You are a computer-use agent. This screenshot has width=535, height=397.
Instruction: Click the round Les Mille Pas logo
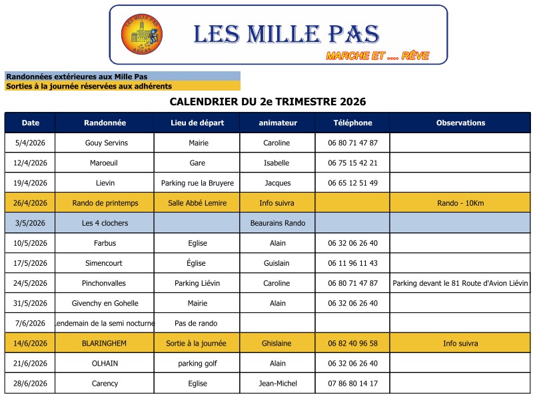[x=141, y=35]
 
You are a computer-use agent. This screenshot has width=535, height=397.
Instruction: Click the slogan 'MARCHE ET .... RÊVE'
[x=377, y=56]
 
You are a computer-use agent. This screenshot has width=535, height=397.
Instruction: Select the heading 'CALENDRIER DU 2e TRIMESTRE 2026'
[x=268, y=102]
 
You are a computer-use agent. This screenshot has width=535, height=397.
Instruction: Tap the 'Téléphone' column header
[x=352, y=123]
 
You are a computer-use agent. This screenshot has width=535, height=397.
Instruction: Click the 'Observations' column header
[x=460, y=123]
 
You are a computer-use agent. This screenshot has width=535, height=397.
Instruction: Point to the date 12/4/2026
[x=30, y=163]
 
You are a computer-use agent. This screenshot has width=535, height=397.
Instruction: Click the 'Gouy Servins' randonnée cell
[x=106, y=143]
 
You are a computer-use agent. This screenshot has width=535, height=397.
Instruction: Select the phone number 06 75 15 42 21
[x=352, y=163]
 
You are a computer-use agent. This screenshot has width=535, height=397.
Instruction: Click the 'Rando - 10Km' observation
[x=460, y=202]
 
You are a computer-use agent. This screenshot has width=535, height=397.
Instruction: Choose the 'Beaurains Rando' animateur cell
[x=277, y=222]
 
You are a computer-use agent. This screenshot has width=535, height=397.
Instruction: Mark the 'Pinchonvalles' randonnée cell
[x=105, y=283]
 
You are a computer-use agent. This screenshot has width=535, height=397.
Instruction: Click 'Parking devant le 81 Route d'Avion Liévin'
[x=460, y=283]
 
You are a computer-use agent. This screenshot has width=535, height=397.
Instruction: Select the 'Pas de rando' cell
[x=197, y=323]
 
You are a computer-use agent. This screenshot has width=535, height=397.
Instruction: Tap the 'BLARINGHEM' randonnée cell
[x=105, y=343]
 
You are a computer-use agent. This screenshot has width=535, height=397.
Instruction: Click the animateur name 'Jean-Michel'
[x=277, y=383]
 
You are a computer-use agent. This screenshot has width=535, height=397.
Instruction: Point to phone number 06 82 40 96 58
[x=352, y=343]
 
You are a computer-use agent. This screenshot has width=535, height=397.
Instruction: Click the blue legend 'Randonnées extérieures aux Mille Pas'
[x=77, y=77]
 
